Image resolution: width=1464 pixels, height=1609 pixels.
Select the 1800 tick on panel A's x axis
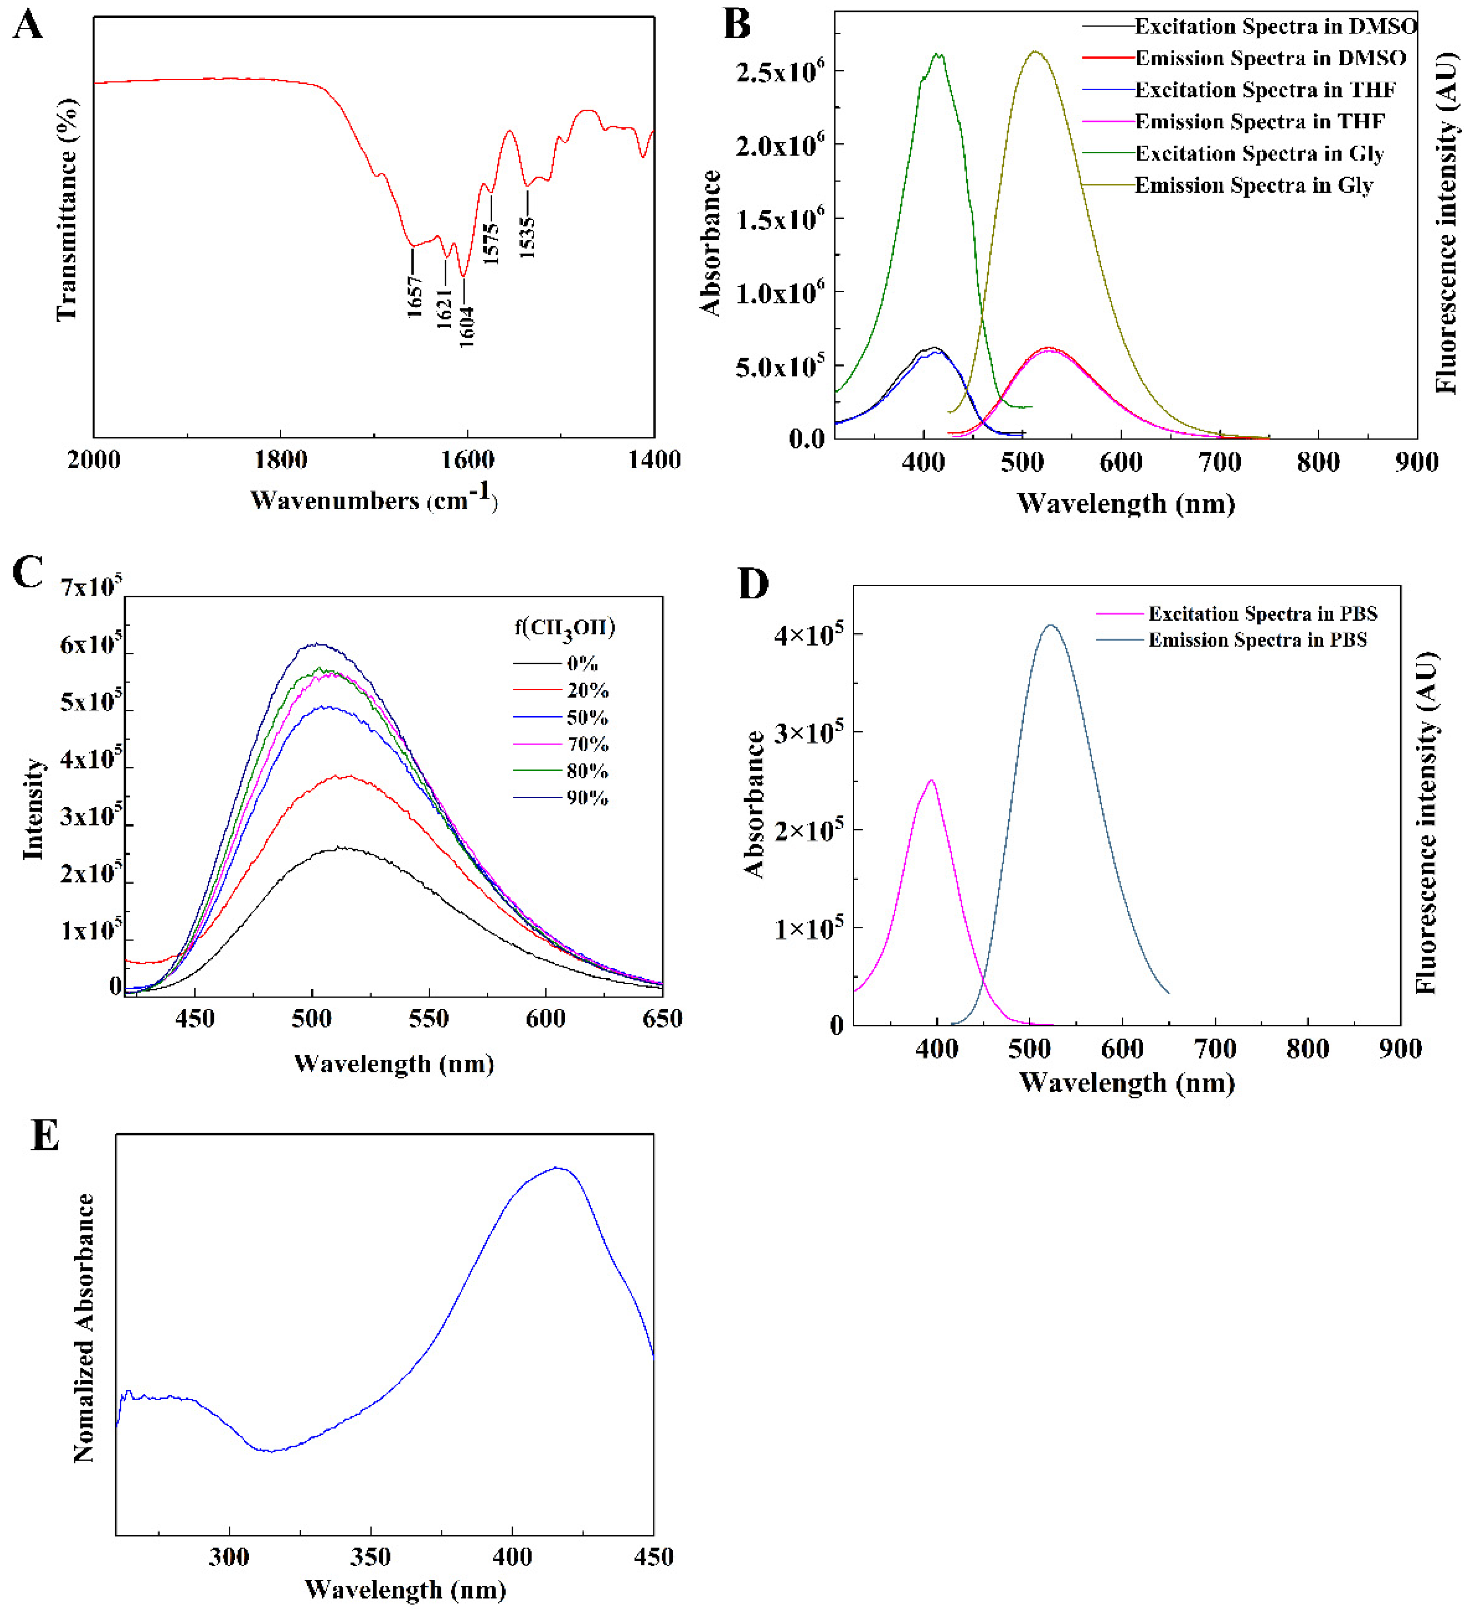(281, 460)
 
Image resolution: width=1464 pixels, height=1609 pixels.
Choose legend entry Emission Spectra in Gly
(1253, 185)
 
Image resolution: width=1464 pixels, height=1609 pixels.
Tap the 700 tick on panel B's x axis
(1220, 462)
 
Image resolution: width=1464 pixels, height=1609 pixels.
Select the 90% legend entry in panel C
(587, 797)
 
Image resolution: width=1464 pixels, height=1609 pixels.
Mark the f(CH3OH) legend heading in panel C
(564, 628)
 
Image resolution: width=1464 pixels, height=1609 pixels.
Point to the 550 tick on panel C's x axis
(429, 1019)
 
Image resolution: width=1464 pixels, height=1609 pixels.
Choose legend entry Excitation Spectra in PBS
(1262, 614)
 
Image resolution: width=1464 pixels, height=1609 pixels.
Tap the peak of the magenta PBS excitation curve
(931, 780)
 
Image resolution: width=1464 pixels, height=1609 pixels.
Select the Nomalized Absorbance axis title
(84, 1329)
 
